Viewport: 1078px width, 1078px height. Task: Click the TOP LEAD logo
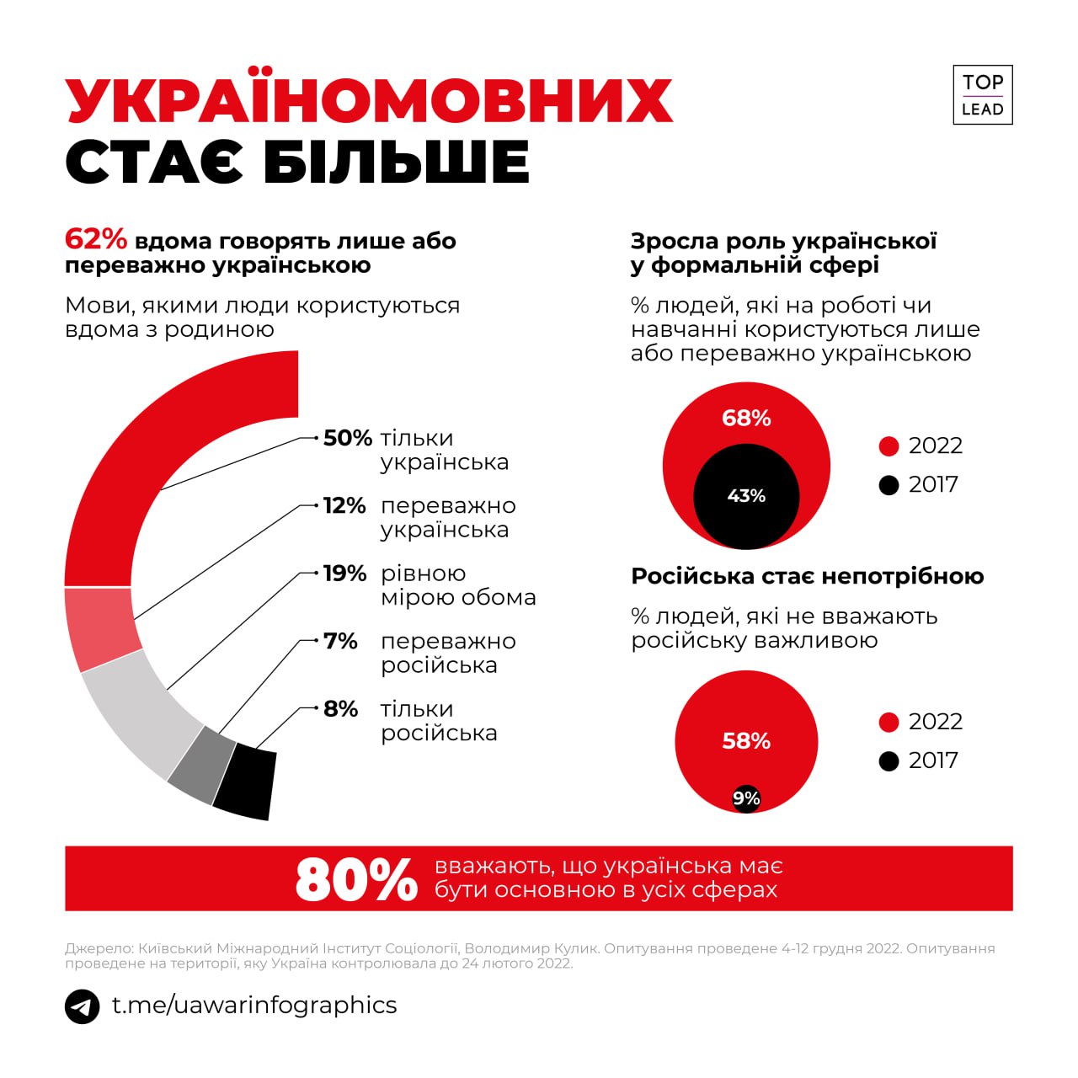pyautogui.click(x=982, y=95)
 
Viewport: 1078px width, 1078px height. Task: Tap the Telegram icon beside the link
pyautogui.click(x=83, y=1006)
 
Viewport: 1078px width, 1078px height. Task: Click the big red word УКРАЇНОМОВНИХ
pyautogui.click(x=369, y=101)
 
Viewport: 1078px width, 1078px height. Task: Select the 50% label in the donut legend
pyautogui.click(x=347, y=438)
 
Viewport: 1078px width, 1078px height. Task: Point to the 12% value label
pyautogui.click(x=344, y=506)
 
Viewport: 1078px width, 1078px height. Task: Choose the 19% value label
pyautogui.click(x=344, y=574)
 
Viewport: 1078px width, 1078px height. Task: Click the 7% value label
pyautogui.click(x=341, y=641)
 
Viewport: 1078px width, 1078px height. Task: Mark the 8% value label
pyautogui.click(x=341, y=709)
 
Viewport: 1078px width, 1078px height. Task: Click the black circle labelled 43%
pyautogui.click(x=746, y=497)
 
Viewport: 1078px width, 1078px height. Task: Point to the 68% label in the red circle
pyautogui.click(x=746, y=419)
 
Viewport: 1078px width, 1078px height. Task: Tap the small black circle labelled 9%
pyautogui.click(x=746, y=798)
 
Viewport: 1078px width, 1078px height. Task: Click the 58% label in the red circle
pyautogui.click(x=746, y=741)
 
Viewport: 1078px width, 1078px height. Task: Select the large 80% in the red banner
pyautogui.click(x=356, y=879)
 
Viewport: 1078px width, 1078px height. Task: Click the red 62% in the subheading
pyautogui.click(x=96, y=240)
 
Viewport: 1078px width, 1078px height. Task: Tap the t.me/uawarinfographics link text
pyautogui.click(x=254, y=1006)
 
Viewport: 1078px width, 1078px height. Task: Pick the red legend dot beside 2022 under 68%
pyautogui.click(x=889, y=446)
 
